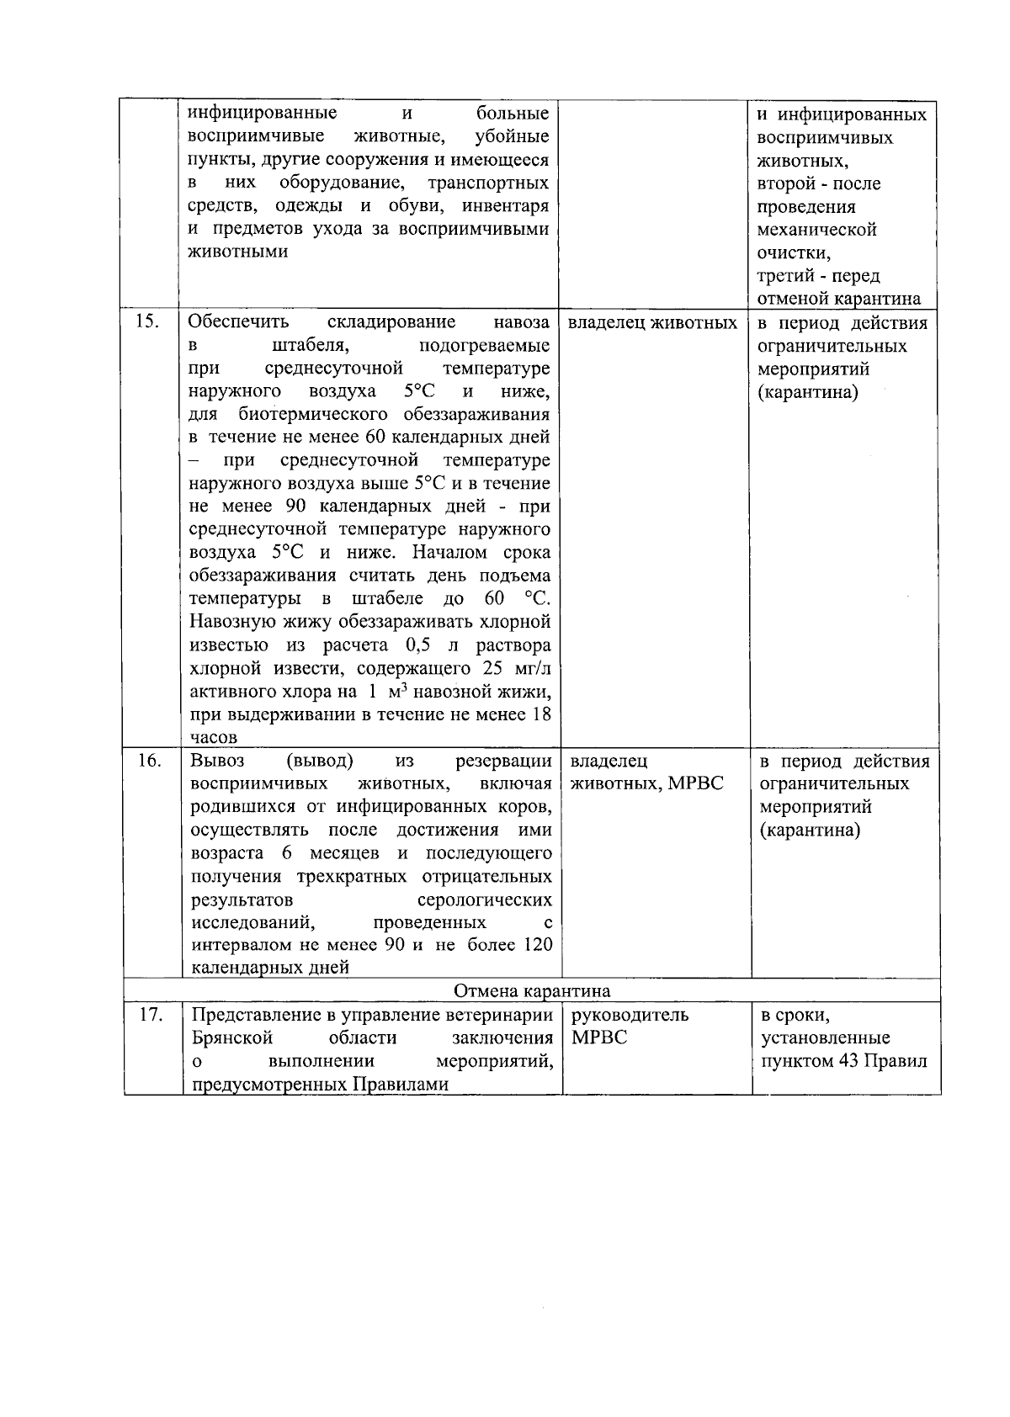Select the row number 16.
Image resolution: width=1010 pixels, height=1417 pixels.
click(x=149, y=761)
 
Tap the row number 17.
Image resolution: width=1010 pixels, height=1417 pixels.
click(x=150, y=1015)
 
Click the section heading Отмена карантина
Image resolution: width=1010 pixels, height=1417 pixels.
click(x=532, y=990)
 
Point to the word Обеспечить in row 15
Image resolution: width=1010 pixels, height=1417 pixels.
click(x=239, y=322)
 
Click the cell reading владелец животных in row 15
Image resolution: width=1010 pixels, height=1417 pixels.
click(x=652, y=323)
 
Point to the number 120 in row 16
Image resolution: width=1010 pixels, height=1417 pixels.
click(x=537, y=945)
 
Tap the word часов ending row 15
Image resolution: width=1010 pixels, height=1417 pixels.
click(x=214, y=738)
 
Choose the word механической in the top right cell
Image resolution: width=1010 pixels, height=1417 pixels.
click(x=816, y=230)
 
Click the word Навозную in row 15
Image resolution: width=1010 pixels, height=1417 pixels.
click(x=231, y=623)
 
